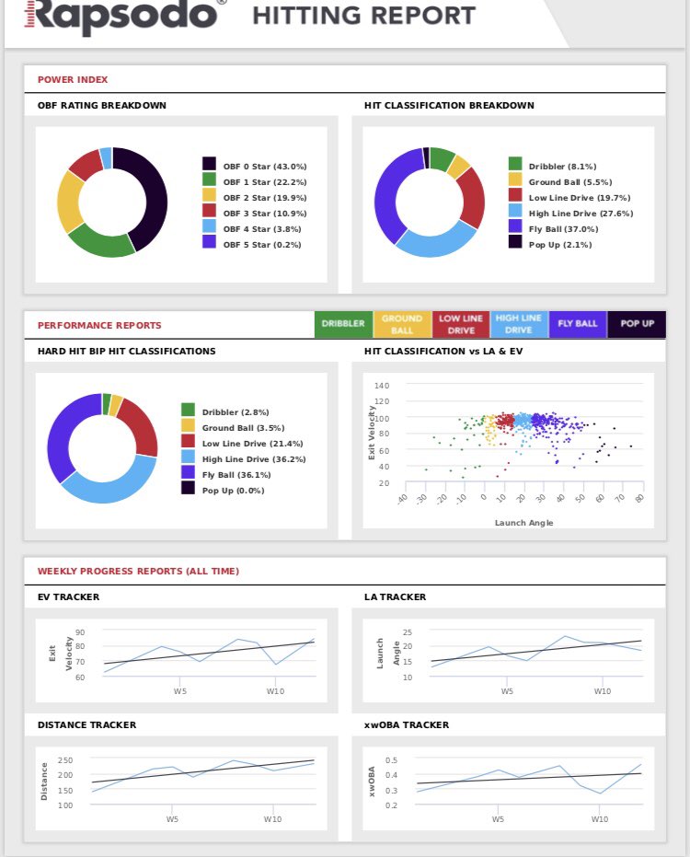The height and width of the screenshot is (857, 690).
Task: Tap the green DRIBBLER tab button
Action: click(343, 324)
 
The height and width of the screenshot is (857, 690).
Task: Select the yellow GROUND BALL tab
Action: click(401, 324)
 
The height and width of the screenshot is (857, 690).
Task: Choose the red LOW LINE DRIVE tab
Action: click(461, 324)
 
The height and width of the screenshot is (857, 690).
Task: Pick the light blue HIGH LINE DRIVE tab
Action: click(519, 324)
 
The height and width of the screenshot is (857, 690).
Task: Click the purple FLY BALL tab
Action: click(578, 324)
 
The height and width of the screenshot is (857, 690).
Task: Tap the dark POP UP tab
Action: click(637, 324)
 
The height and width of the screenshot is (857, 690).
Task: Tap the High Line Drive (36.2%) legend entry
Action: click(254, 459)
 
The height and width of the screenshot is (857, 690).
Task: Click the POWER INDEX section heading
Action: click(73, 80)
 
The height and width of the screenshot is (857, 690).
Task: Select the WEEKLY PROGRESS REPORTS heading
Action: click(138, 572)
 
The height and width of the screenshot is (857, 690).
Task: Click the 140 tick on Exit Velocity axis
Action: click(382, 386)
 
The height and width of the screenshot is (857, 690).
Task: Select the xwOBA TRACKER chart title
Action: click(407, 725)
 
